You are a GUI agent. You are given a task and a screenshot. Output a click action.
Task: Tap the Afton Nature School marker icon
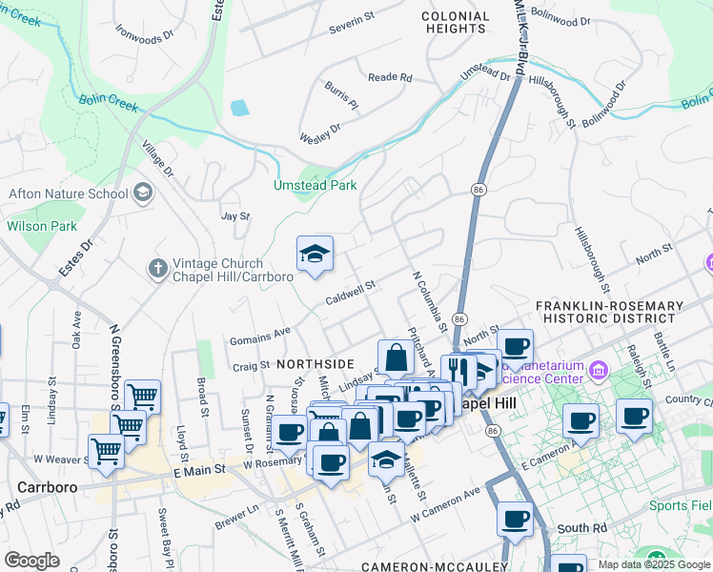(143, 194)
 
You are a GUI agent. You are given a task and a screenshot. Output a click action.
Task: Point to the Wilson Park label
(41, 226)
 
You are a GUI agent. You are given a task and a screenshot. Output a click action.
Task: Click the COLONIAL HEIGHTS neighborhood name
(456, 23)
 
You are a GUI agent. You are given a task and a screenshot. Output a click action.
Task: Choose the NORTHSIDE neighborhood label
(316, 364)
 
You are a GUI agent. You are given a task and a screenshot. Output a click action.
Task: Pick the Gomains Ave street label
(258, 336)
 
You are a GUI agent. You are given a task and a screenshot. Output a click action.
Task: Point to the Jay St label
(234, 216)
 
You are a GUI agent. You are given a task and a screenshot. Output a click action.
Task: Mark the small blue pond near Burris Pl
(239, 108)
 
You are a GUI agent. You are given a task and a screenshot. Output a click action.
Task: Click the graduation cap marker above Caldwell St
(315, 255)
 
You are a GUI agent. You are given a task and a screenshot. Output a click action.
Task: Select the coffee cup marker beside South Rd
(516, 520)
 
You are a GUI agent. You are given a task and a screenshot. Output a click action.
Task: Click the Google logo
(31, 561)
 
